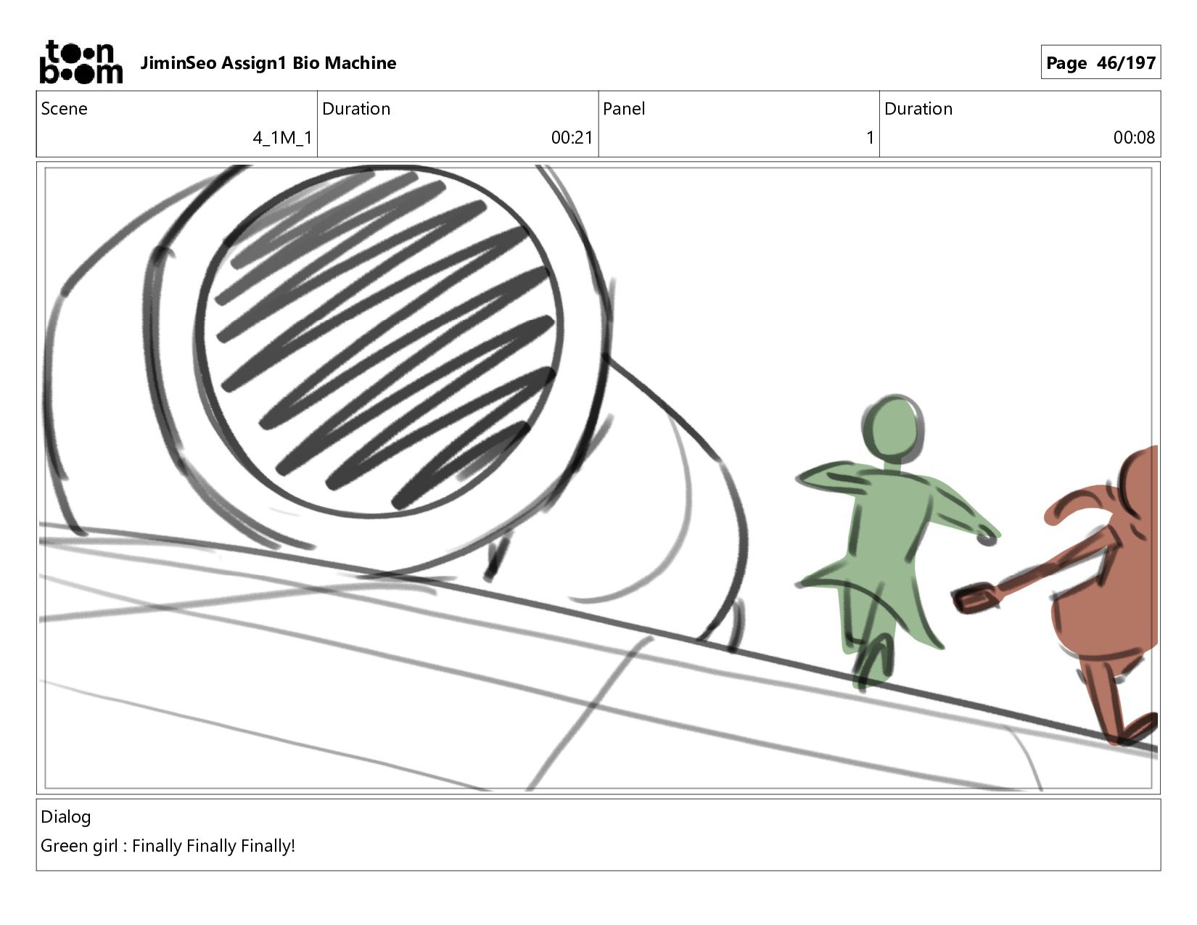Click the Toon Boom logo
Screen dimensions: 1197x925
click(81, 62)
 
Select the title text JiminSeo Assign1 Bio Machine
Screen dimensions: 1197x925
click(268, 63)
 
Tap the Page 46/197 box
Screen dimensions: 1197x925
click(1100, 62)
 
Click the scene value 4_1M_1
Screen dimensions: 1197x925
click(282, 137)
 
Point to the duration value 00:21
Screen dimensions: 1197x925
click(572, 137)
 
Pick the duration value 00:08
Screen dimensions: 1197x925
click(1134, 137)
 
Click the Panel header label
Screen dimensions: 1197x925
click(624, 109)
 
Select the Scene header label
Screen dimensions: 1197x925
click(64, 109)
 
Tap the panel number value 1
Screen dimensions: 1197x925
click(870, 137)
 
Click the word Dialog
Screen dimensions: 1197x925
click(65, 817)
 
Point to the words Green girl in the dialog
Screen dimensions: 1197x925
click(79, 846)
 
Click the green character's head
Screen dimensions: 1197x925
click(892, 427)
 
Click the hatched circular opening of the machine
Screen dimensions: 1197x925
click(380, 342)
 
